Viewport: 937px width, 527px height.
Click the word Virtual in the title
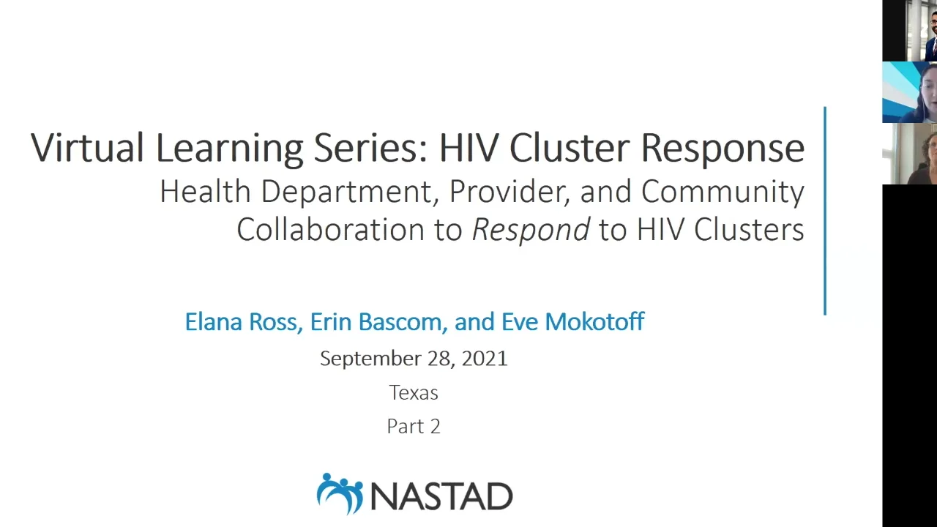click(x=86, y=147)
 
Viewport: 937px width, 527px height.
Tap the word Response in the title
click(x=723, y=147)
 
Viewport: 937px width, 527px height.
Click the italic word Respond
click(x=530, y=230)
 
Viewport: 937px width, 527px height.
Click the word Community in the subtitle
click(x=723, y=192)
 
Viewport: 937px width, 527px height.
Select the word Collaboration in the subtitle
click(x=330, y=230)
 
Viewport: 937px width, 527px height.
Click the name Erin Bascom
click(x=376, y=322)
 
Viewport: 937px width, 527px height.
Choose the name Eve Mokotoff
click(x=572, y=322)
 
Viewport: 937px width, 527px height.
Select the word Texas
click(x=414, y=393)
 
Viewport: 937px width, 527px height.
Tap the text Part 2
click(x=414, y=427)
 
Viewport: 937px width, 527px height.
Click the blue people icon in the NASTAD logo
click(x=340, y=493)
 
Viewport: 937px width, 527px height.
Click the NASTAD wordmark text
click(x=442, y=496)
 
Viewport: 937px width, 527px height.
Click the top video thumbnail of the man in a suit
click(x=910, y=31)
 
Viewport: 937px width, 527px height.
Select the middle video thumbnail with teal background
click(x=910, y=92)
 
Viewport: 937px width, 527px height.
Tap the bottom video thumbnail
click(x=910, y=154)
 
